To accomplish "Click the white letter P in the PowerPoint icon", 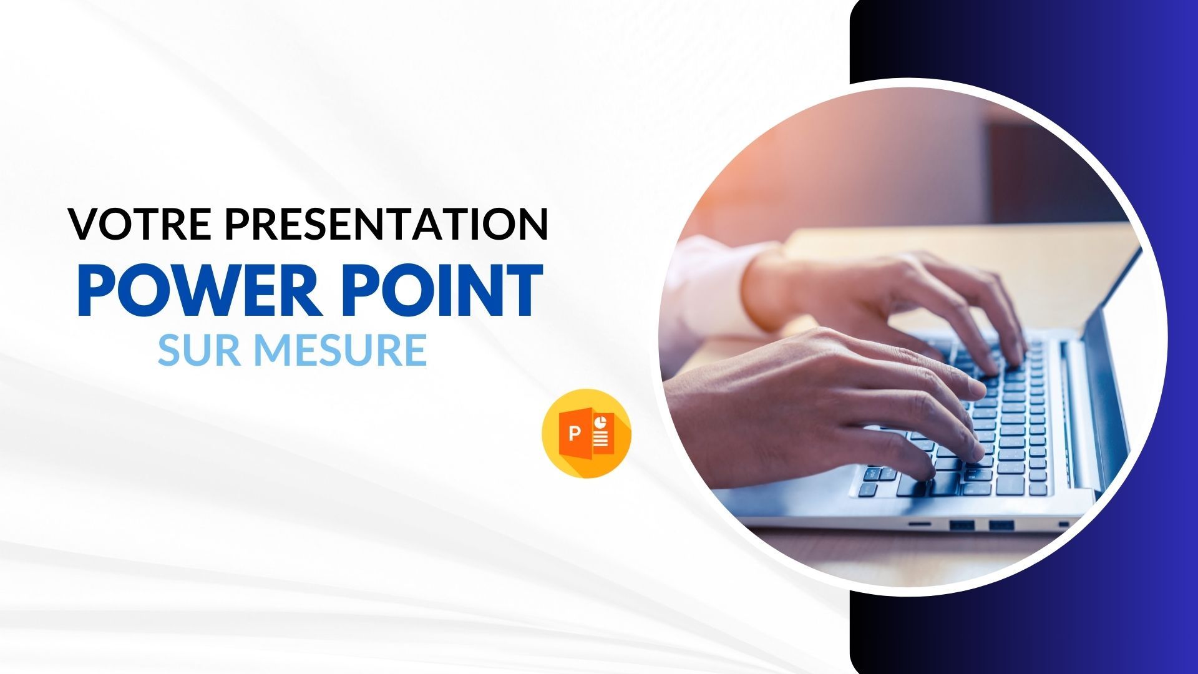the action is point(575,432).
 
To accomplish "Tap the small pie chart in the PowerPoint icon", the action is point(601,422).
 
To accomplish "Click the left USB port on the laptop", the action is point(962,525).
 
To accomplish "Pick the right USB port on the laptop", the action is point(1001,525).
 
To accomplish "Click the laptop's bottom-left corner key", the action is point(867,490).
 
